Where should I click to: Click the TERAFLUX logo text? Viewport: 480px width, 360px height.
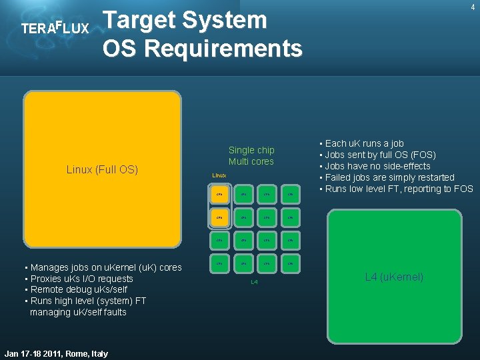[55, 29]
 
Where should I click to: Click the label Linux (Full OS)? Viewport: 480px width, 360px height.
[102, 169]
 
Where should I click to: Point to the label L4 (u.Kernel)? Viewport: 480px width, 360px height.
[394, 277]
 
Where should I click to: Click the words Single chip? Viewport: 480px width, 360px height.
[251, 150]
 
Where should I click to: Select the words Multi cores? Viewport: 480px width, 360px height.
[251, 161]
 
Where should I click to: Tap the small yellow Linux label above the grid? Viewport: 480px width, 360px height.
[219, 175]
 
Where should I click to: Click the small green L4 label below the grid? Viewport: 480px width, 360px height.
[254, 283]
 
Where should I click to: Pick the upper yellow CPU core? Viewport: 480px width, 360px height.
[220, 194]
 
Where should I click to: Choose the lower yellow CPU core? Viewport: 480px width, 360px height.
[220, 217]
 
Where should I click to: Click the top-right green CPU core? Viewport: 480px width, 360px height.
[290, 194]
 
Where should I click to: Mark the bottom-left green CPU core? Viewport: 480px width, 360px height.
[220, 263]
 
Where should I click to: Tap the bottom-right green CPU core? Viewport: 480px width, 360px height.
[290, 263]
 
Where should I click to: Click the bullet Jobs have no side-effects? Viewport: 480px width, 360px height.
[378, 166]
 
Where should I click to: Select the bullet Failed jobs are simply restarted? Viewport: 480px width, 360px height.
[390, 177]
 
